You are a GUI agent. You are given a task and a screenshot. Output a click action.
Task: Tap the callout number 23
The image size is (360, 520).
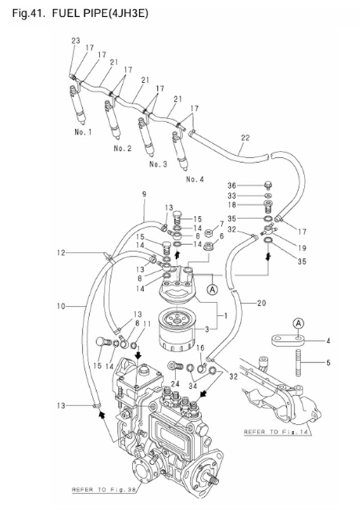(75, 41)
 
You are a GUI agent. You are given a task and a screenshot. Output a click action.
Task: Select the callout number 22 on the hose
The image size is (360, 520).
(245, 138)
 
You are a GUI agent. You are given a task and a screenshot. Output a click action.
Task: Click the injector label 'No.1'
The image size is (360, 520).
(84, 131)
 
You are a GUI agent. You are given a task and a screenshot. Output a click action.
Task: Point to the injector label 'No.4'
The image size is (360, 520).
(194, 180)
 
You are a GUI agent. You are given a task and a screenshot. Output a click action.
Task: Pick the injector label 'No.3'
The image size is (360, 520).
(158, 164)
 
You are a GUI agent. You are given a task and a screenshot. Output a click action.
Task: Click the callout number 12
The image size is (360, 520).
(61, 252)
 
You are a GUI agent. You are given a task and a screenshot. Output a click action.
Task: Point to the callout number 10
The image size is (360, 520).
(61, 306)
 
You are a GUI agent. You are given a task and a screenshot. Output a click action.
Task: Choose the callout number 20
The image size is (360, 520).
(261, 303)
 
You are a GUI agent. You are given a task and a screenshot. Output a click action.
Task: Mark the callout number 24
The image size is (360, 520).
(174, 383)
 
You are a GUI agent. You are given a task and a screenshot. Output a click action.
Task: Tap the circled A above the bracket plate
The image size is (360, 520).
(298, 324)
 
